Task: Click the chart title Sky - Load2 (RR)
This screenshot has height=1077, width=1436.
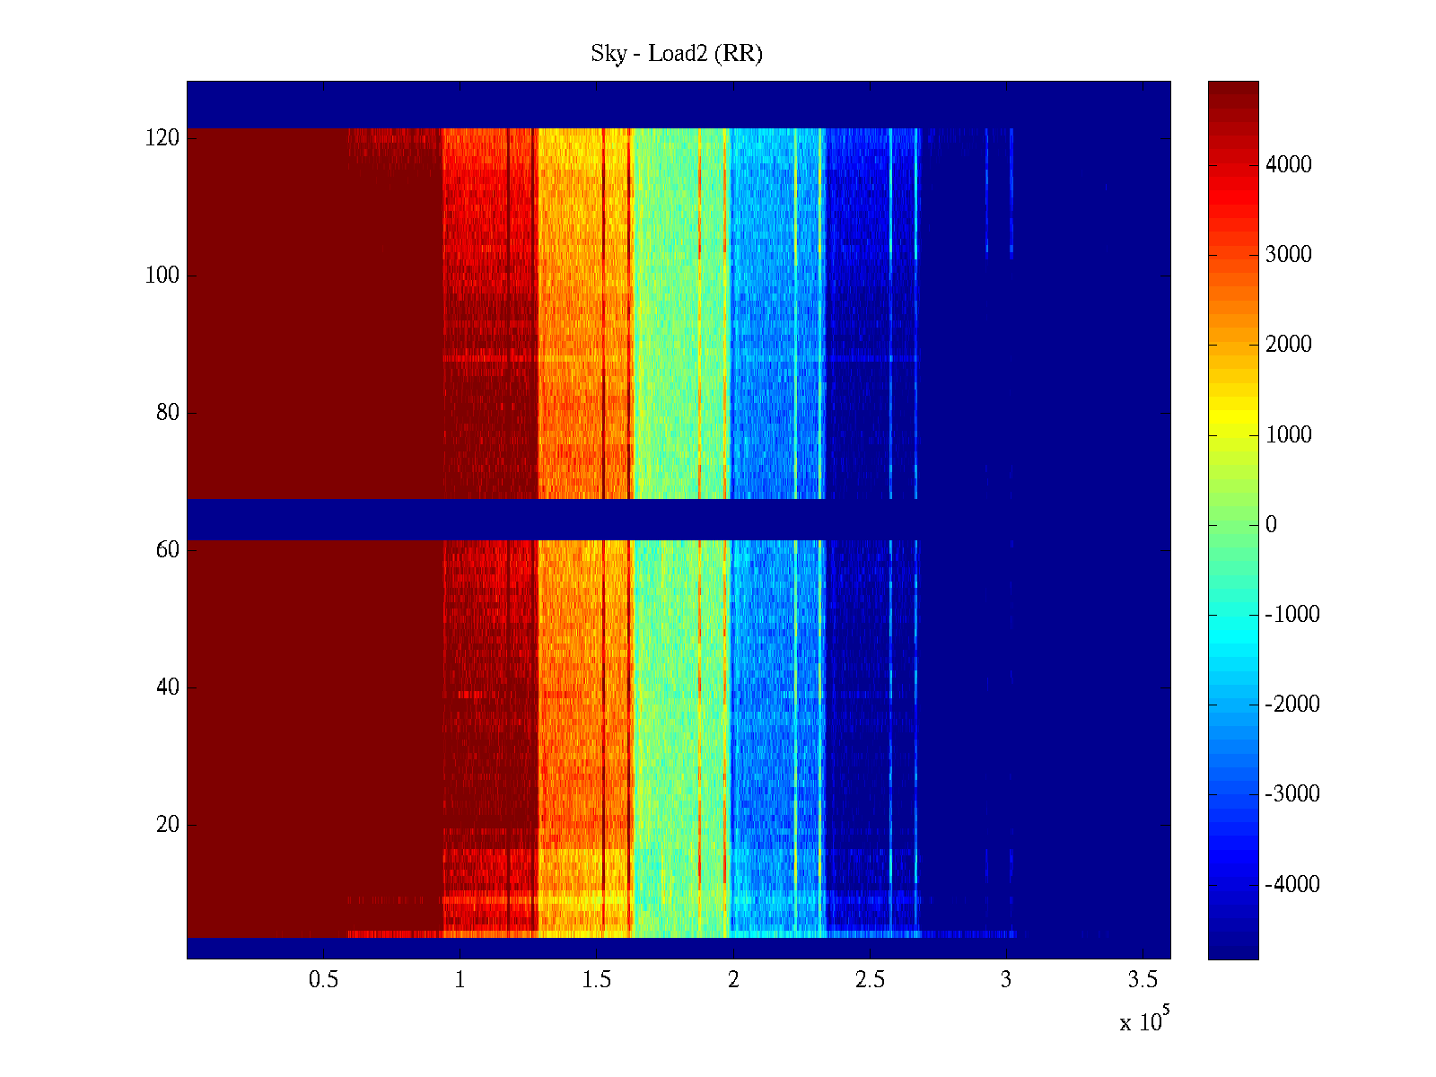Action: (x=677, y=54)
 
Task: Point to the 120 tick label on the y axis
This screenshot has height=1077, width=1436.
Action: (x=162, y=138)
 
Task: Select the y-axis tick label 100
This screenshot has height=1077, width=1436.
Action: (x=162, y=276)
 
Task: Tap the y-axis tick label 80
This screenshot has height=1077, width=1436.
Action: (x=168, y=413)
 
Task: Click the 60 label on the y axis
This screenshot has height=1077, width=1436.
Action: (x=168, y=550)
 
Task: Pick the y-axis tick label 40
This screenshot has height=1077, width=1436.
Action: (x=168, y=687)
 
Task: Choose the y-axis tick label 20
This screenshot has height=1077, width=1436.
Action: (x=168, y=825)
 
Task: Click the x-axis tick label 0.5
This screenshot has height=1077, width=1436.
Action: (x=324, y=980)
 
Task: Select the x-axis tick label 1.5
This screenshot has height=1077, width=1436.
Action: (x=597, y=980)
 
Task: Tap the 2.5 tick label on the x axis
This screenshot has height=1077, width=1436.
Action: (x=870, y=980)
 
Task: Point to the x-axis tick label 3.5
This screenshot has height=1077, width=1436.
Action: (x=1143, y=980)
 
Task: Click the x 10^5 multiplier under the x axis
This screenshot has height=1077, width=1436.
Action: (x=1144, y=1020)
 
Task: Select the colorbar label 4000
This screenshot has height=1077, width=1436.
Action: (x=1289, y=165)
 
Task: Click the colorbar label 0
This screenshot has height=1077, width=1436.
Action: (x=1271, y=525)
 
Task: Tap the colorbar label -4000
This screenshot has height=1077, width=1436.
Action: (x=1292, y=885)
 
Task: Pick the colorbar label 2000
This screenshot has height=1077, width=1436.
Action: (x=1289, y=345)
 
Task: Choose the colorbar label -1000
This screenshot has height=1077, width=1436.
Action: (x=1292, y=615)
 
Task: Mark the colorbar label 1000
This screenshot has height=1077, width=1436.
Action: (x=1289, y=435)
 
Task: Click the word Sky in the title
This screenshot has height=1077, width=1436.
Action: (x=608, y=54)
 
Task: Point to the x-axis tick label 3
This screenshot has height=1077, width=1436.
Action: (x=1006, y=980)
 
